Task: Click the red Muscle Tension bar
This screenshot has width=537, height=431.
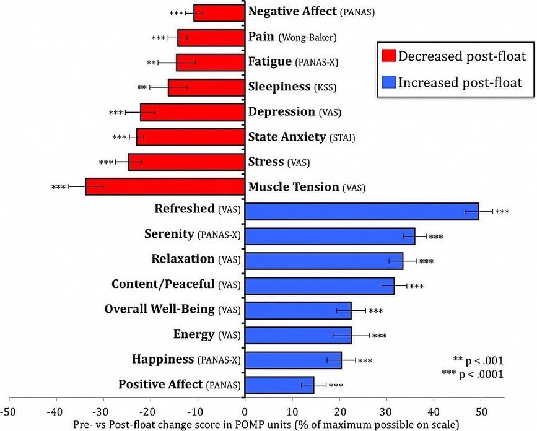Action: (x=165, y=186)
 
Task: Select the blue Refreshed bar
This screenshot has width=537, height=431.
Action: (x=362, y=211)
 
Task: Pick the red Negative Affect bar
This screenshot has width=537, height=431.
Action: (x=219, y=12)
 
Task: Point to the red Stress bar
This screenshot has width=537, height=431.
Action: (x=186, y=162)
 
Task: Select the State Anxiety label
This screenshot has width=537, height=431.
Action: (x=287, y=137)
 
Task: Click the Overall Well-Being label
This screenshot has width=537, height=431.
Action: (x=160, y=309)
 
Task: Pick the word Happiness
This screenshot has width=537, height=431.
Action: (x=162, y=359)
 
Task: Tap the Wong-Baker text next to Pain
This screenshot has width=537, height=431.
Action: (x=308, y=38)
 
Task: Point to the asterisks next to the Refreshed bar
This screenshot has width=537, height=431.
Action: (x=502, y=212)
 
